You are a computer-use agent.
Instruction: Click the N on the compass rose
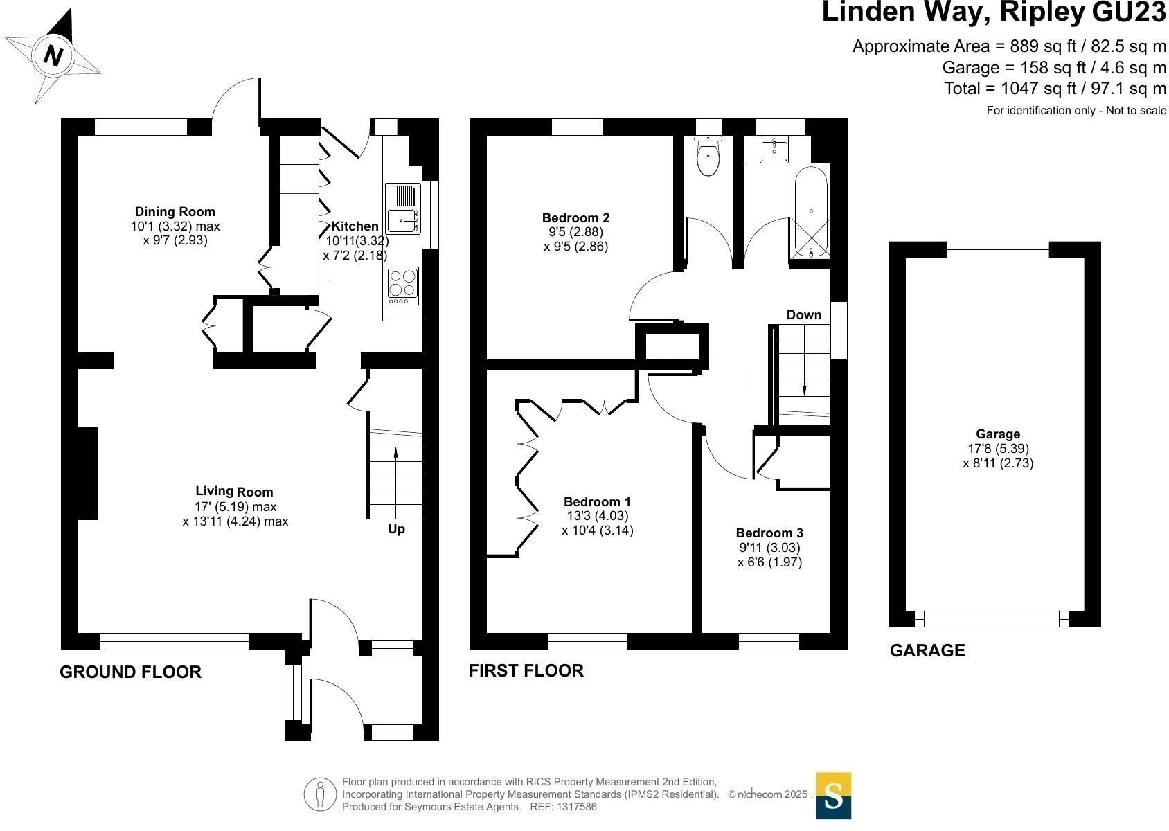(53, 55)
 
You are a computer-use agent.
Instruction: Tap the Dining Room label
(175, 211)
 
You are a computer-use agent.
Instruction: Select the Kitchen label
(355, 226)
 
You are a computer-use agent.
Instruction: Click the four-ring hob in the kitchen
(402, 286)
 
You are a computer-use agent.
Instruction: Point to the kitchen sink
(403, 208)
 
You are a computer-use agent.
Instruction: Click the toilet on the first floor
(708, 156)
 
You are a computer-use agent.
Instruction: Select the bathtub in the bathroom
(811, 212)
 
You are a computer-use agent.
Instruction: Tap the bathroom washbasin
(774, 150)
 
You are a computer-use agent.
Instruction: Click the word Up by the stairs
(397, 529)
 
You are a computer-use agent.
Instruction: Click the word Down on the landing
(803, 315)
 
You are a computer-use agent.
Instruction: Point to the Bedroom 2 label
(575, 217)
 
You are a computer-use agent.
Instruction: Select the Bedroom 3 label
(769, 533)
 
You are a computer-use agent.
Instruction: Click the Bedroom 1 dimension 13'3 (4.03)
(598, 516)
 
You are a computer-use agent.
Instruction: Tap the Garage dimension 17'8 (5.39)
(998, 448)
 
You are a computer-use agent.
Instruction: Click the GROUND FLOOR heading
(130, 672)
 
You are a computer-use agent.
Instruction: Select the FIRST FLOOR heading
(526, 671)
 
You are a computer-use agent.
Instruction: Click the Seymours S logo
(833, 796)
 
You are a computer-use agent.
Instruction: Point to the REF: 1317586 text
(563, 807)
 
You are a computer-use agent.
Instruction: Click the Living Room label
(234, 491)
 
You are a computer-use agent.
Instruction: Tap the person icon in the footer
(320, 794)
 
